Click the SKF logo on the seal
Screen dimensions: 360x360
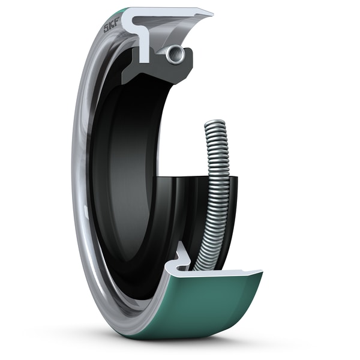(111, 26)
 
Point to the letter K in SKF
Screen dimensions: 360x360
(111, 26)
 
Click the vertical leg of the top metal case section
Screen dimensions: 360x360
(145, 45)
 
